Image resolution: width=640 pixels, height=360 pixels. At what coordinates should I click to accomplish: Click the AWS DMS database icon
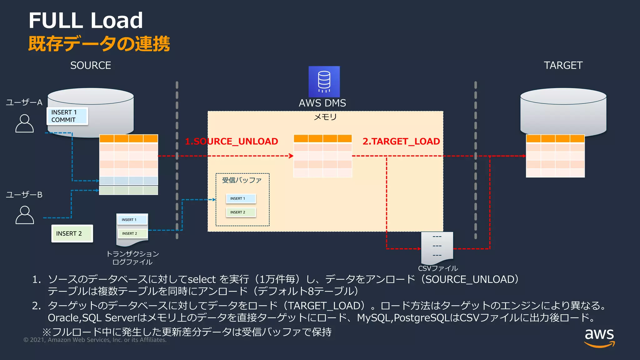pyautogui.click(x=324, y=82)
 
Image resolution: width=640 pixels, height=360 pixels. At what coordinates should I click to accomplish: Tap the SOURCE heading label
pyautogui.click(x=91, y=65)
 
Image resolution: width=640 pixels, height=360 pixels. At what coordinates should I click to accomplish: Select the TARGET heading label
pyautogui.click(x=563, y=65)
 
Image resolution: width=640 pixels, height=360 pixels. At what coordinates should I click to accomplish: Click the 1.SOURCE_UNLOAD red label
pyautogui.click(x=232, y=141)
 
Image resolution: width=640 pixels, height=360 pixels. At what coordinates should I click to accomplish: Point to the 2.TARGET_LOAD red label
pyautogui.click(x=401, y=141)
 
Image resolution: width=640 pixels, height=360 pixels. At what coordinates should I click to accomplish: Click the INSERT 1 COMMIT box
pyautogui.click(x=67, y=116)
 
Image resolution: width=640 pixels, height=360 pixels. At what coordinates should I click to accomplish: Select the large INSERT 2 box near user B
pyautogui.click(x=72, y=233)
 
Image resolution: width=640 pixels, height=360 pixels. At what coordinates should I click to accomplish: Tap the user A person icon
pyautogui.click(x=24, y=123)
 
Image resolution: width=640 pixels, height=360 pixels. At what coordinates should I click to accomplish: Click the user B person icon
pyautogui.click(x=24, y=215)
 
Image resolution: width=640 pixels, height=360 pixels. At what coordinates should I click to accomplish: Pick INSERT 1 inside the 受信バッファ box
pyautogui.click(x=241, y=198)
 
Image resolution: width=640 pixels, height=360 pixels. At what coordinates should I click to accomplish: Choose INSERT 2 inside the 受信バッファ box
pyautogui.click(x=241, y=212)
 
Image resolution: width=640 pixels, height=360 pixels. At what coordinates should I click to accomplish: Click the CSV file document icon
pyautogui.click(x=437, y=247)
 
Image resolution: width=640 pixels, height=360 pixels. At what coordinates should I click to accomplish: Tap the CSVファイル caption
pyautogui.click(x=438, y=268)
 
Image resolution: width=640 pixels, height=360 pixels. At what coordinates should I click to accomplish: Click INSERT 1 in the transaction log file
pyautogui.click(x=132, y=220)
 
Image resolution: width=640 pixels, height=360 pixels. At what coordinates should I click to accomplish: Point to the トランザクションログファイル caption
pyautogui.click(x=132, y=258)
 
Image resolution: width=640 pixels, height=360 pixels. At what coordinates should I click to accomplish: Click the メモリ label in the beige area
pyautogui.click(x=325, y=117)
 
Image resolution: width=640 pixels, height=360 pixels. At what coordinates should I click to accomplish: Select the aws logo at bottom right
pyautogui.click(x=599, y=337)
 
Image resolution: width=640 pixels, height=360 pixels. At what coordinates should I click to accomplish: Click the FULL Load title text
pyautogui.click(x=86, y=20)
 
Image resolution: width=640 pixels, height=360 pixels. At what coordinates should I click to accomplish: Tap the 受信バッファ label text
pyautogui.click(x=242, y=180)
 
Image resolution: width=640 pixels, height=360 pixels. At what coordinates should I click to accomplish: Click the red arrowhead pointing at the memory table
pyautogui.click(x=291, y=156)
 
